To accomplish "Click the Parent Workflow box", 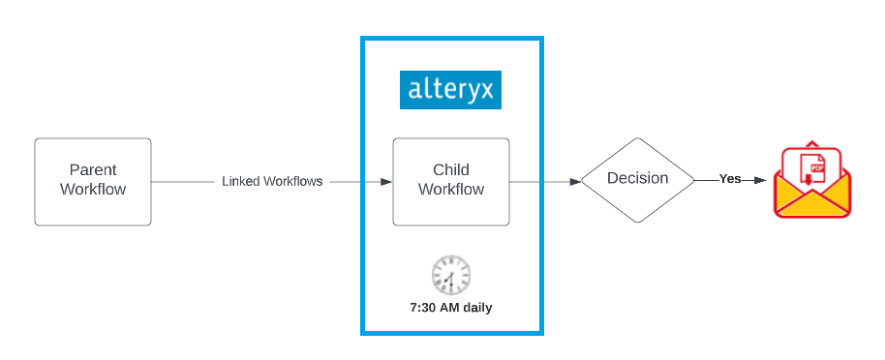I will click(93, 181).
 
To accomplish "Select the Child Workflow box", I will click(450, 181).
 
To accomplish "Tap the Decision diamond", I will click(637, 180).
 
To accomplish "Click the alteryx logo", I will click(450, 91).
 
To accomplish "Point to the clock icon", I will click(450, 275).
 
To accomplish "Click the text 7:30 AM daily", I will click(450, 308).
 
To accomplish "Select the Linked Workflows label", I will click(272, 181).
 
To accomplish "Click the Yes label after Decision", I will click(730, 179).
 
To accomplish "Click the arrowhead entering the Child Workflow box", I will click(385, 181).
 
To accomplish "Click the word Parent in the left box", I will click(93, 170).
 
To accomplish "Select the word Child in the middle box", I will click(451, 170).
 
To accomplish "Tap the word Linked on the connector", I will click(241, 181).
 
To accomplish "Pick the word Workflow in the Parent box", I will click(93, 190).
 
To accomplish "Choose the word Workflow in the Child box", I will click(451, 190).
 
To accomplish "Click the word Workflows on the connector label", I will click(293, 181).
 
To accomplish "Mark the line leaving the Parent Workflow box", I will click(184, 181).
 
